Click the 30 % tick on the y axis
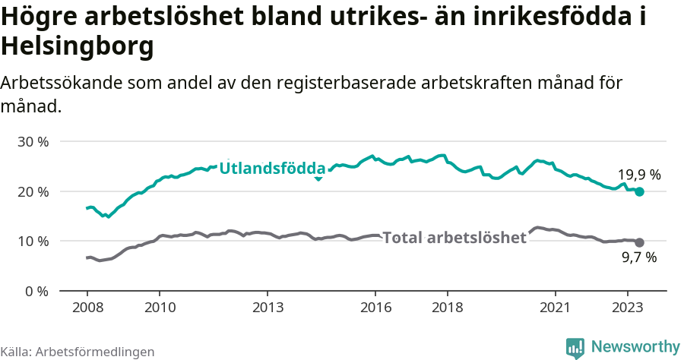[x=32, y=142]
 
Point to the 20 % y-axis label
[x=32, y=191]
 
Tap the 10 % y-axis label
[x=32, y=242]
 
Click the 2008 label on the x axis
[x=87, y=308]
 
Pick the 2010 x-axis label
[x=160, y=308]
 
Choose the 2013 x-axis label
[x=268, y=308]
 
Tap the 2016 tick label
[x=375, y=308]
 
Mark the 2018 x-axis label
[x=448, y=308]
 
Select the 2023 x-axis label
[x=628, y=308]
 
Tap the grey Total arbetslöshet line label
[x=454, y=238]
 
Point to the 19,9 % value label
[x=638, y=175]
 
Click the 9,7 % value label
[x=638, y=258]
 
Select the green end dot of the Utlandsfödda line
[x=639, y=192]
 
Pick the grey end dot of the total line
[x=639, y=242]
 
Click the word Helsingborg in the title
[x=78, y=47]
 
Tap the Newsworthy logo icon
[x=575, y=347]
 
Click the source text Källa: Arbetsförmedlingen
[x=78, y=352]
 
